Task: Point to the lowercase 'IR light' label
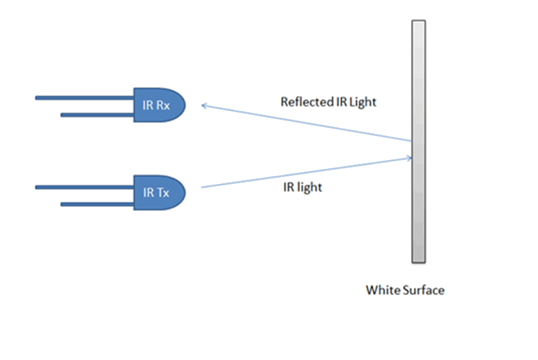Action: [302, 189]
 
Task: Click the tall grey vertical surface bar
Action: [419, 143]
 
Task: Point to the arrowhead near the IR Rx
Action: [205, 105]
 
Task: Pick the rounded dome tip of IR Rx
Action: [180, 105]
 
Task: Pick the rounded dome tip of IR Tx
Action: [180, 192]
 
